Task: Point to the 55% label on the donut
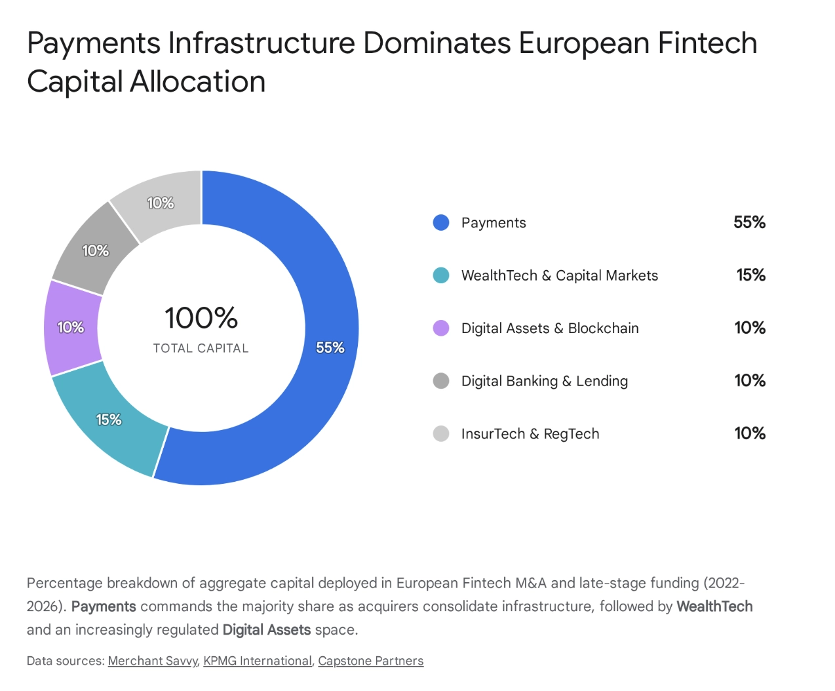point(330,347)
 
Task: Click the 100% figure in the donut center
point(201,318)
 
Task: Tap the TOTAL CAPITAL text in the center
point(201,348)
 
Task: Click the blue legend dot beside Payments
point(441,223)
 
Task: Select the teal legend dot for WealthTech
point(441,275)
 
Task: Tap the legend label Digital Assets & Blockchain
point(549,328)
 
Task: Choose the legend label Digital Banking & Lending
point(544,381)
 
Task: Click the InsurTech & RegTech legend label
point(530,433)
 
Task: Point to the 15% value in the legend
point(750,275)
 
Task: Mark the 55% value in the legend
point(749,222)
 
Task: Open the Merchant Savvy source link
point(152,661)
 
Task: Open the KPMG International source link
point(257,661)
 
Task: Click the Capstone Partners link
point(370,661)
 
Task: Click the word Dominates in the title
point(437,43)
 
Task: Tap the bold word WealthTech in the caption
point(714,606)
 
